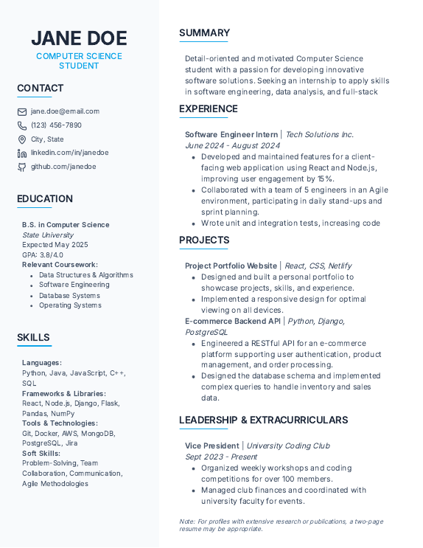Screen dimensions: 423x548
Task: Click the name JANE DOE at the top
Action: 79,38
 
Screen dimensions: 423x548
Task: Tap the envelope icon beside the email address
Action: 22,111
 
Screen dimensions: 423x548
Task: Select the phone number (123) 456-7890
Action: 56,125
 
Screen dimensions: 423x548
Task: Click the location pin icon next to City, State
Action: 22,139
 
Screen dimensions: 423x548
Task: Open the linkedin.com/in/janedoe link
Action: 69,153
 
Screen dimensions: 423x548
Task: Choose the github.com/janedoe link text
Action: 63,167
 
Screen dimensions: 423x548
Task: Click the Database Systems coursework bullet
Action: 69,295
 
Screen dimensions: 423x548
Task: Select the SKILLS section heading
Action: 34,338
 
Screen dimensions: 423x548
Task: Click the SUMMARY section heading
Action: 204,33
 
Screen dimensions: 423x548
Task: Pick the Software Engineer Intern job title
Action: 231,135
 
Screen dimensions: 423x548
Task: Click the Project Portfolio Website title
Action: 231,266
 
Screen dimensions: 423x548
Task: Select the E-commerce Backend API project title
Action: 233,321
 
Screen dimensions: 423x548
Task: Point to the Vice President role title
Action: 213,445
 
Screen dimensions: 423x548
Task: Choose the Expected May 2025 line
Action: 55,245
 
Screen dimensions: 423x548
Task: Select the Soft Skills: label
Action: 41,454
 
